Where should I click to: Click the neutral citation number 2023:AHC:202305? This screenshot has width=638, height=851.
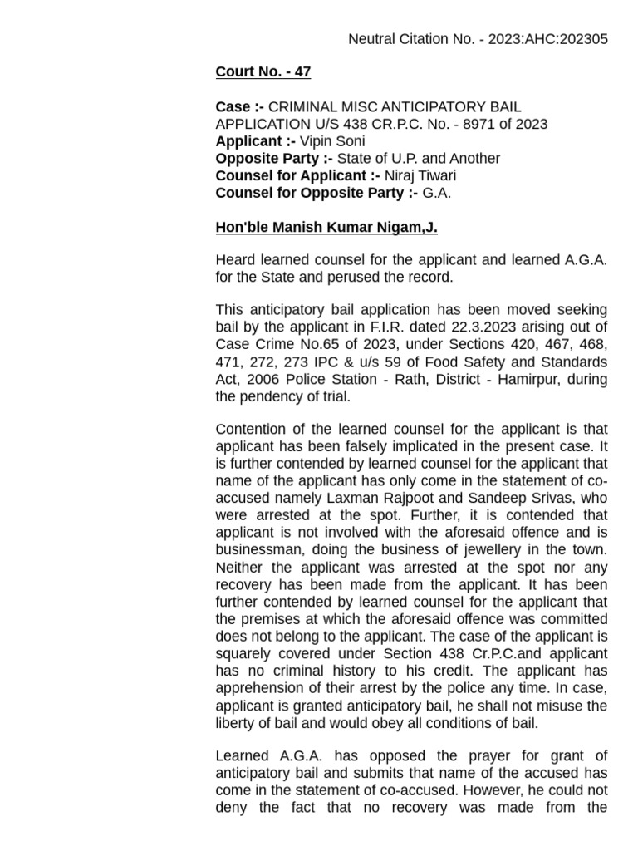[x=540, y=39]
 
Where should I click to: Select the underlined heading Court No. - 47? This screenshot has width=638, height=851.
[x=263, y=71]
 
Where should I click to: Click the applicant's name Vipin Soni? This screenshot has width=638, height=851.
[x=331, y=141]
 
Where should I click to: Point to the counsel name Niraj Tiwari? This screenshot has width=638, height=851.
[x=420, y=175]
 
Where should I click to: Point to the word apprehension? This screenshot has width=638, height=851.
[x=259, y=688]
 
